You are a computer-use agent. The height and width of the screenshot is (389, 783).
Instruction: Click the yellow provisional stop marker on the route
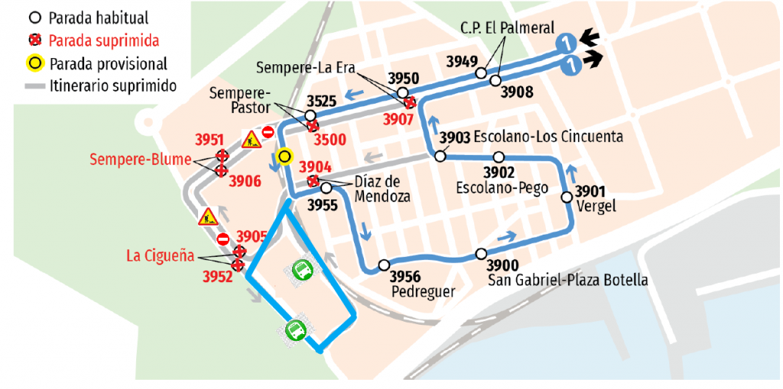pyautogui.click(x=285, y=157)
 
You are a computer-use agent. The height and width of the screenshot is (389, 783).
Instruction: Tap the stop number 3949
pyautogui.click(x=463, y=62)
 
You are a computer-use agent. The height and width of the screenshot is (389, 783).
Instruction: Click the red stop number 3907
pyautogui.click(x=399, y=118)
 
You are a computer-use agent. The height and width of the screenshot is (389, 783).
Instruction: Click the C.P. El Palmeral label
pyautogui.click(x=507, y=28)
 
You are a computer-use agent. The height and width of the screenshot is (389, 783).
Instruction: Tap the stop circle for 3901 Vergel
pyautogui.click(x=567, y=197)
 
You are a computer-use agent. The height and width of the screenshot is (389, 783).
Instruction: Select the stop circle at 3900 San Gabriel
pyautogui.click(x=481, y=254)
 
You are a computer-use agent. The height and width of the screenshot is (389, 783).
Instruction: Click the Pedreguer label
pyautogui.click(x=423, y=292)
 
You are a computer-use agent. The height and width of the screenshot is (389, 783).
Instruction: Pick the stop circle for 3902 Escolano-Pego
pyautogui.click(x=499, y=157)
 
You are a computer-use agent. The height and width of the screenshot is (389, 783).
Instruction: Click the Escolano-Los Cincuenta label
pyautogui.click(x=548, y=137)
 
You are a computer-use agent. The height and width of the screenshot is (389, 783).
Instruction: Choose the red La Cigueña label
pyautogui.click(x=158, y=255)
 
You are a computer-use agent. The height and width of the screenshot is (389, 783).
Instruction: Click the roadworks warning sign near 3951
pyautogui.click(x=251, y=139)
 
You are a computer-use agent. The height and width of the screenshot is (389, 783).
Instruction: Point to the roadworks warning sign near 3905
pyautogui.click(x=208, y=217)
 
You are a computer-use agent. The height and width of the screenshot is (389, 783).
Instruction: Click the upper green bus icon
pyautogui.click(x=303, y=269)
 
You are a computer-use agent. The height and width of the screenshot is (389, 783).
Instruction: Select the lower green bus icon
pyautogui.click(x=296, y=329)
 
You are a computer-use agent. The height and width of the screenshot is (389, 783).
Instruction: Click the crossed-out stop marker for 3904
pyautogui.click(x=313, y=181)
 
